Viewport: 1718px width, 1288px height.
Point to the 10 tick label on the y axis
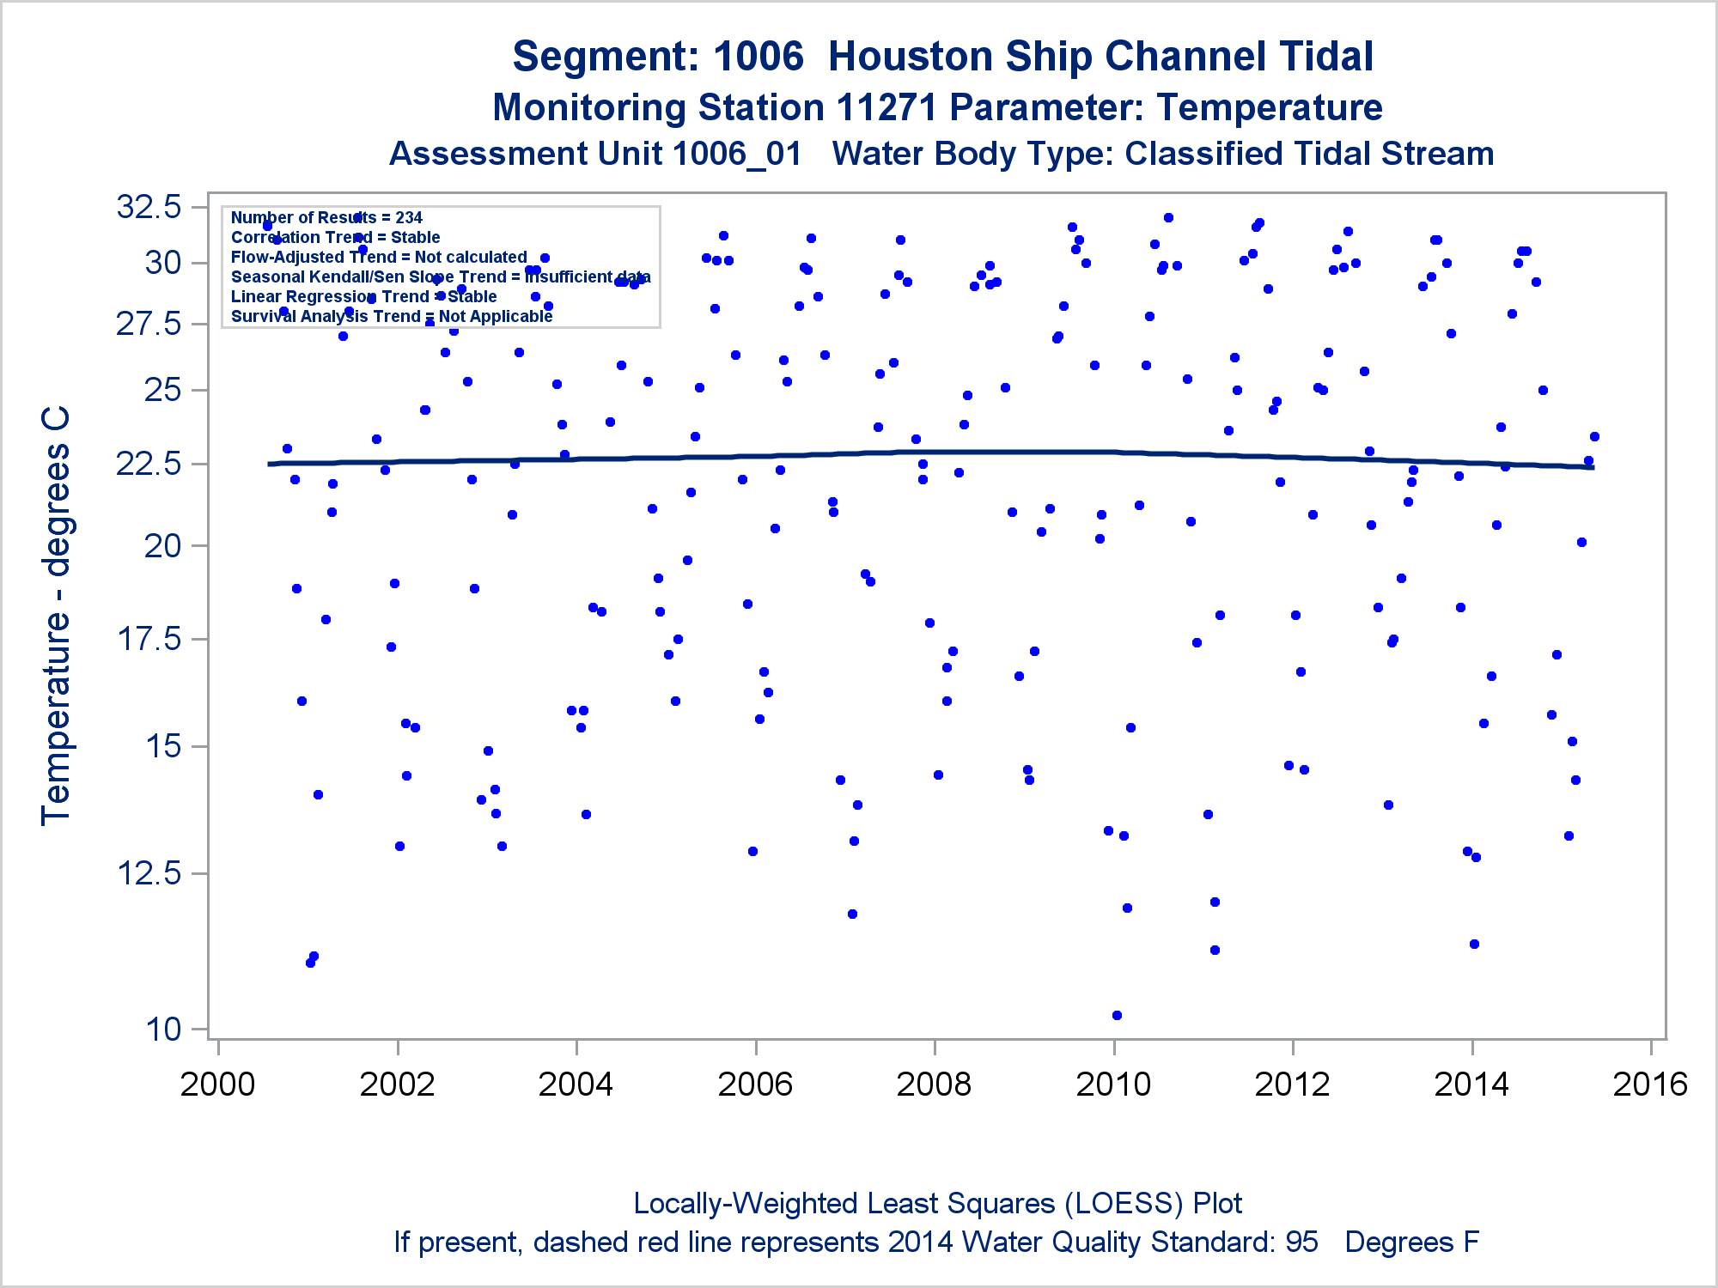coord(163,1028)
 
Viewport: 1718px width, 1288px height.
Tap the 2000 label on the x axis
coord(217,1084)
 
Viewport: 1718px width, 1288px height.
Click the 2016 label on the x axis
coord(1650,1084)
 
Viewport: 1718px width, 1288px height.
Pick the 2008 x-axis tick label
coord(934,1084)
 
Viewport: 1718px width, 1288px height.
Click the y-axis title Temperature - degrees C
coord(56,617)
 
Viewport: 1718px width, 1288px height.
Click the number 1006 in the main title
coord(758,57)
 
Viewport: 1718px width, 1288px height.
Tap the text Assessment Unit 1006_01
coord(595,154)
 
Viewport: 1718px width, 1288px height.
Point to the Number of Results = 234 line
coord(326,218)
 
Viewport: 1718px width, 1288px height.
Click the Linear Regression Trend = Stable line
coord(363,297)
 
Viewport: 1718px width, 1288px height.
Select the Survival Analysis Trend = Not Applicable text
coord(392,317)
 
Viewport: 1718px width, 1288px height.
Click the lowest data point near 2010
coord(1117,1015)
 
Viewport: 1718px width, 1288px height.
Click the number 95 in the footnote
coord(1301,1242)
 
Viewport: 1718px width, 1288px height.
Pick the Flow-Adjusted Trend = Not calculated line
coord(379,258)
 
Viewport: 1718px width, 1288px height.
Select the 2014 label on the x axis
coord(1471,1084)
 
